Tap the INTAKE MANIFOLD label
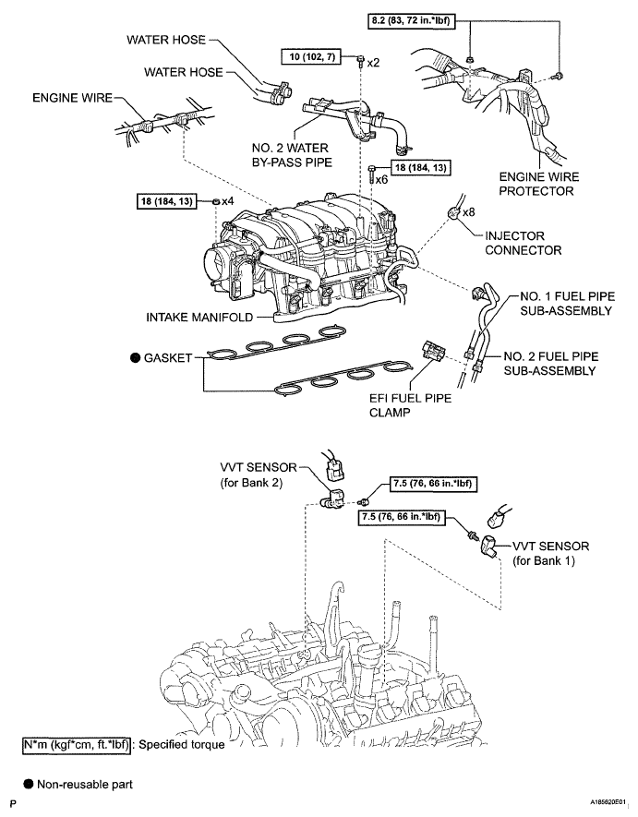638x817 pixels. click(x=199, y=317)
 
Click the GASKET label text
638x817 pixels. click(x=168, y=358)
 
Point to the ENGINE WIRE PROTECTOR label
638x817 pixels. click(x=539, y=184)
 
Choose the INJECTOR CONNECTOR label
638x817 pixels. click(x=524, y=243)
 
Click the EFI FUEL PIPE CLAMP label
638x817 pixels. click(x=410, y=405)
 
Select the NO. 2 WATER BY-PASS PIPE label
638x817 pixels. click(x=292, y=155)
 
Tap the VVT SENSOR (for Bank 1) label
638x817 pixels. click(x=551, y=553)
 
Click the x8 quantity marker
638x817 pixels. click(x=469, y=212)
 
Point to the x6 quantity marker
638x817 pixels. click(x=381, y=180)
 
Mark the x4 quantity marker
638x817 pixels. click(x=228, y=200)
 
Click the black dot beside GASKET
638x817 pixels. click(x=136, y=358)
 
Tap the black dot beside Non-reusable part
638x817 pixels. click(x=29, y=784)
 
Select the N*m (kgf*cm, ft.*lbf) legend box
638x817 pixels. click(x=76, y=745)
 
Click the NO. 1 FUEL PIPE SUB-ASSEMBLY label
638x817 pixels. click(x=567, y=303)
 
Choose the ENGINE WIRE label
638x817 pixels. click(x=72, y=98)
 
